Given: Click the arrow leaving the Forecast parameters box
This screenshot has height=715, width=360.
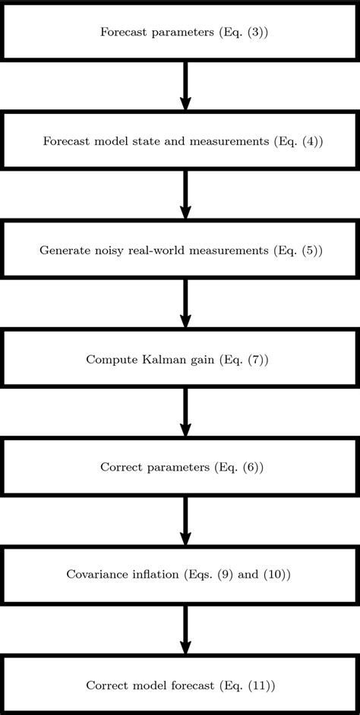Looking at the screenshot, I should [185, 86].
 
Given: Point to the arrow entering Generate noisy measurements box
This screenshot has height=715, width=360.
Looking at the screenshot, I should [185, 194].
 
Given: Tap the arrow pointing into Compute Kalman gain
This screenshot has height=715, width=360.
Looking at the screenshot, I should [185, 304].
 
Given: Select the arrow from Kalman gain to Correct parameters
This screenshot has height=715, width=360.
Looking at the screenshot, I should [185, 412].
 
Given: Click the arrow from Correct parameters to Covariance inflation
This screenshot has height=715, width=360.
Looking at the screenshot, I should [185, 521].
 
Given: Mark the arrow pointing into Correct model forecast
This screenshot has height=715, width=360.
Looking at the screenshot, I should [185, 629].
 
